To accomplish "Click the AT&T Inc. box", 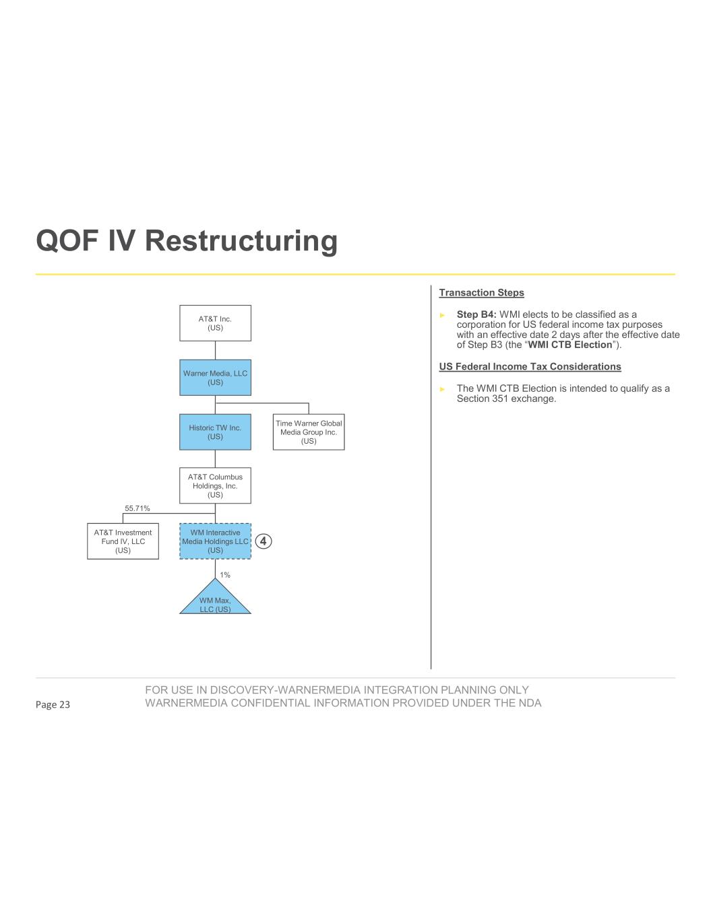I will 215,323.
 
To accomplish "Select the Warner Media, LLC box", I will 215,378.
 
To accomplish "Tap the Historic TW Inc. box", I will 215,432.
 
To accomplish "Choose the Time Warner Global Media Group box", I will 309,432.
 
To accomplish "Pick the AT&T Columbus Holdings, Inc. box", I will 215,485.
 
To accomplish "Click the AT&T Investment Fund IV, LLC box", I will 123,541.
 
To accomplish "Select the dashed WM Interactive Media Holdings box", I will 215,541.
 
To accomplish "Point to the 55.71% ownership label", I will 137,508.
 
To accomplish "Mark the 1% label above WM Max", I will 225,575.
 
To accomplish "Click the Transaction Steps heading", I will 481,293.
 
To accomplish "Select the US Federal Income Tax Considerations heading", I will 530,367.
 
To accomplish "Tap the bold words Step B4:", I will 476,314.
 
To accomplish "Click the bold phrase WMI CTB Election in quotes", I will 570,345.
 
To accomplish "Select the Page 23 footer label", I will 53,705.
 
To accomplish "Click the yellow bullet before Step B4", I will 443,315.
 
